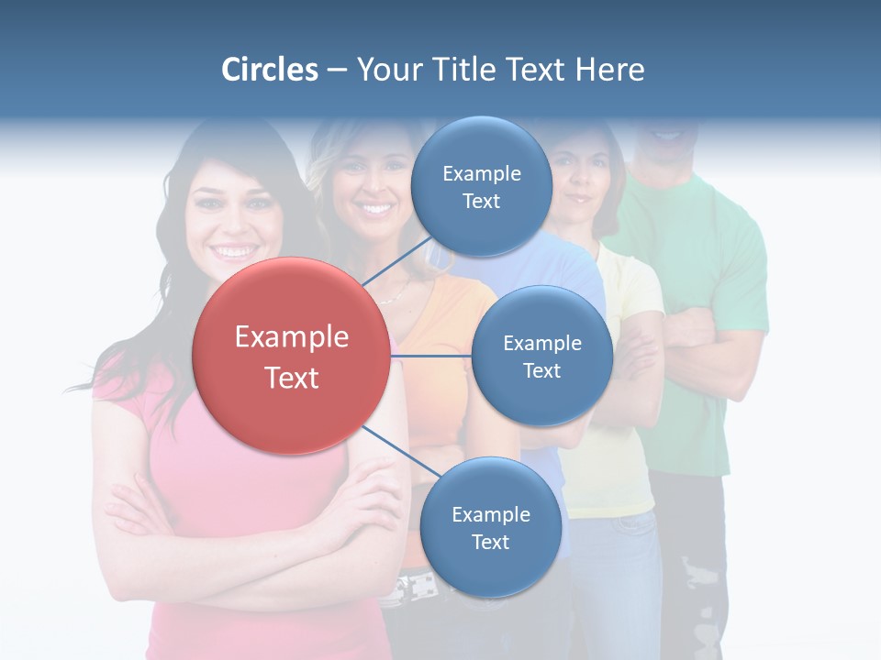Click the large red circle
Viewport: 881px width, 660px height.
291,356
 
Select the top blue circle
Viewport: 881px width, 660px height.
481,186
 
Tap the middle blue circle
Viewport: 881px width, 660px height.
541,356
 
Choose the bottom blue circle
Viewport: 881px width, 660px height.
490,527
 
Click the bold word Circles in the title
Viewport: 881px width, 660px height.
270,70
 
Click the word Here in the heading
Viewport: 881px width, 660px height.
609,70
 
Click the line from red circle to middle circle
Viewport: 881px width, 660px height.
431,356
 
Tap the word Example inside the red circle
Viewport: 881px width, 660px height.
292,337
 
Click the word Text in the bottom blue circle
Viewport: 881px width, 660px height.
490,542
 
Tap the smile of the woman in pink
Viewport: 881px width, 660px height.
234,249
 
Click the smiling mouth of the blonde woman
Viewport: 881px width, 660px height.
374,208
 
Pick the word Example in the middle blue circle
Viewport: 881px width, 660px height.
542,343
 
